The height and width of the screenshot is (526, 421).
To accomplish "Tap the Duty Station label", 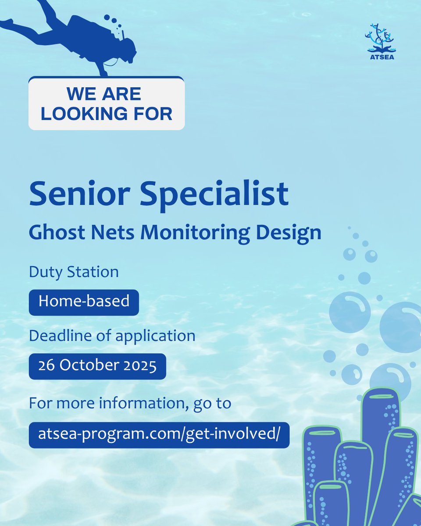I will [x=74, y=272].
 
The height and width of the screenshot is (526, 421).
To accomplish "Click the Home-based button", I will [x=84, y=302].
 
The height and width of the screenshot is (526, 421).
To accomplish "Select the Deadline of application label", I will [x=112, y=336].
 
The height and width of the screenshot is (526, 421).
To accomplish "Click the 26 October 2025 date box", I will [x=97, y=366].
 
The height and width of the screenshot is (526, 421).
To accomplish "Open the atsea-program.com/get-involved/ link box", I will [x=159, y=435].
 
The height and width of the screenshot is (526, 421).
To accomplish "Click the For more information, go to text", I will [x=130, y=403].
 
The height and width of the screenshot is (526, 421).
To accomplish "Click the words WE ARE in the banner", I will [x=104, y=94].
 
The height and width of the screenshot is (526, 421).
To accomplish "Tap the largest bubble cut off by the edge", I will [x=401, y=327].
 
